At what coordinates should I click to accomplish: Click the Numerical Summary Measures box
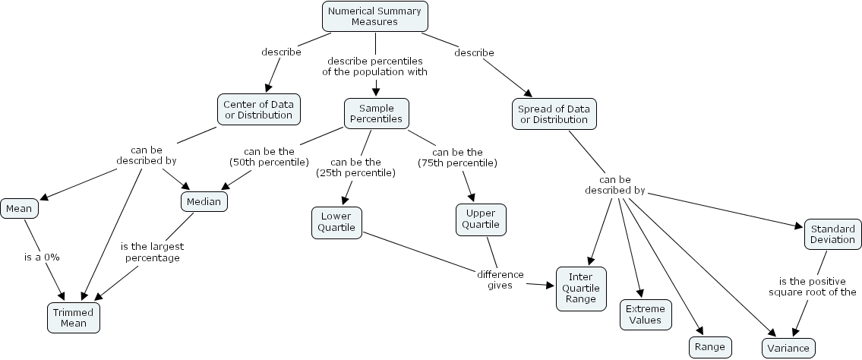(x=374, y=16)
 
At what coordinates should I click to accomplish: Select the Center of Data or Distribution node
(x=258, y=109)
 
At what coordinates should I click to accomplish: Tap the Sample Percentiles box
(x=376, y=114)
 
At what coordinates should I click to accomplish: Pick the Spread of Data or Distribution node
(x=553, y=114)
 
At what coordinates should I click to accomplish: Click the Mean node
(x=19, y=208)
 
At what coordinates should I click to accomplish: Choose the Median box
(x=204, y=201)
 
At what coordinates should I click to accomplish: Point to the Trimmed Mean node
(x=74, y=317)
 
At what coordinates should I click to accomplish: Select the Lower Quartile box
(x=336, y=221)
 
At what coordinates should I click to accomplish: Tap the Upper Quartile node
(x=481, y=219)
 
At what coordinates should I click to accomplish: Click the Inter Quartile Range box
(x=582, y=288)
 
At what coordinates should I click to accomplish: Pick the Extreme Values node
(x=646, y=314)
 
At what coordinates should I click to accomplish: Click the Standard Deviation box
(x=832, y=234)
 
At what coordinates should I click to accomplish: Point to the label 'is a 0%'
(x=41, y=257)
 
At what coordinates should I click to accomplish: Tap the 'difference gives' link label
(x=500, y=279)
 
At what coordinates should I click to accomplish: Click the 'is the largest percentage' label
(x=152, y=252)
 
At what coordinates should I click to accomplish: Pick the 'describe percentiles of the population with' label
(x=375, y=66)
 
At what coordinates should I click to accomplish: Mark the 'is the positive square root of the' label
(x=812, y=286)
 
